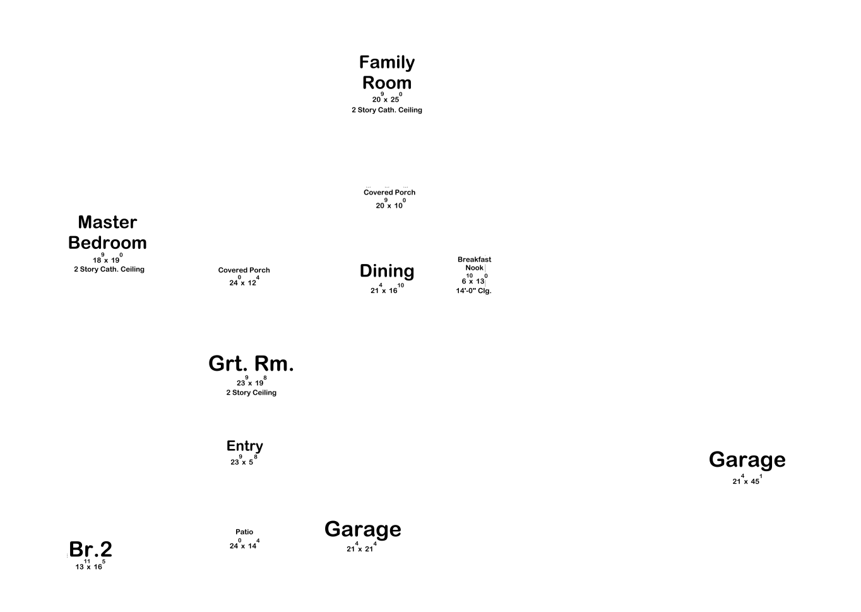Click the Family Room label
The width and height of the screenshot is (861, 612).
pos(387,73)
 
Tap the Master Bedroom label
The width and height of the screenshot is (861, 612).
pos(107,232)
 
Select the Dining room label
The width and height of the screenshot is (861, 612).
pos(387,271)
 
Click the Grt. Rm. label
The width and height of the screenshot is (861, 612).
pos(251,364)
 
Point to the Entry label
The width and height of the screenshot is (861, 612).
pos(245,446)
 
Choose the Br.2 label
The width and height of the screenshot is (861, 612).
pos(91,549)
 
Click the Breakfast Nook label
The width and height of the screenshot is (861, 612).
pos(474,263)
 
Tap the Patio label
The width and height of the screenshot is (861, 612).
pos(244,532)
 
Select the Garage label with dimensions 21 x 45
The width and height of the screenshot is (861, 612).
pos(747,459)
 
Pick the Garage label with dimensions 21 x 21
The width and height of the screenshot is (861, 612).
pos(363,529)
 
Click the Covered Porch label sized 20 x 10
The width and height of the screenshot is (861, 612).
pos(389,193)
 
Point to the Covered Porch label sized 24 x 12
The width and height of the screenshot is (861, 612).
pos(244,270)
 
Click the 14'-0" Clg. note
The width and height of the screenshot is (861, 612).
pos(473,291)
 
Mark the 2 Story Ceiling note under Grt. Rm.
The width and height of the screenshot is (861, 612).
pos(251,393)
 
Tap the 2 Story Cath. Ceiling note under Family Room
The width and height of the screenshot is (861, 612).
pos(387,110)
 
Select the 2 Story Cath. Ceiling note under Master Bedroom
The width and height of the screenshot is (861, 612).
pos(109,270)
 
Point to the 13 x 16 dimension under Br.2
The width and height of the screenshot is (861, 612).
pos(90,566)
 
